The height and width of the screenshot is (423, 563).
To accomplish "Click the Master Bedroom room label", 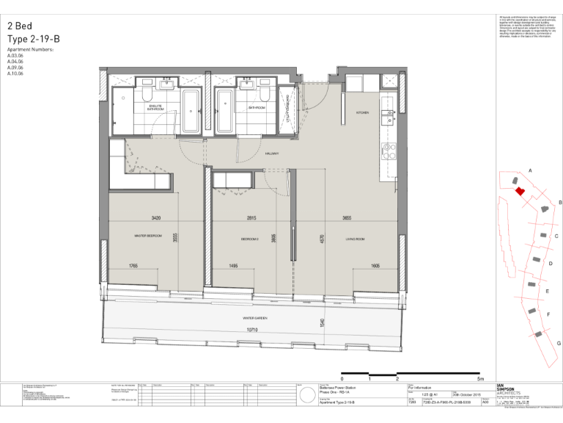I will click(148, 236).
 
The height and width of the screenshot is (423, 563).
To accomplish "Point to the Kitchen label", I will click(362, 113).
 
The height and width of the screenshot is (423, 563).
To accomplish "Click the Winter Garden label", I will click(255, 318).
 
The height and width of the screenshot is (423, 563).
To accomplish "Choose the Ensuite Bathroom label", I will click(155, 109).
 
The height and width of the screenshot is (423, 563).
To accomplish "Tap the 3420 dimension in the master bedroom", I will click(156, 218).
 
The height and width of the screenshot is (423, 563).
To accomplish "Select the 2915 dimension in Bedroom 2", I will click(251, 218).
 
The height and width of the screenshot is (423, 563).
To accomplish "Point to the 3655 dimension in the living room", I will click(347, 218).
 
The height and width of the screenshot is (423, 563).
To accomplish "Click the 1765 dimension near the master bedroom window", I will click(133, 266).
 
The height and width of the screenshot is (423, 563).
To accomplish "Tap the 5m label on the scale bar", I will click(480, 379).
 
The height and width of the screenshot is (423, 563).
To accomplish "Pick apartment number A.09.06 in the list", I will click(15, 68).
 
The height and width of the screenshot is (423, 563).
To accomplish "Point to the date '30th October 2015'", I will click(466, 394).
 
